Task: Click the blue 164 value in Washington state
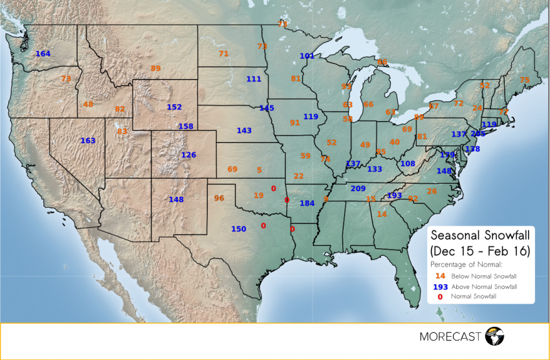tap(43, 54)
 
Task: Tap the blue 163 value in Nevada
tap(87, 141)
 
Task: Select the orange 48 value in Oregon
tap(88, 104)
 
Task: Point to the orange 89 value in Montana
tap(155, 68)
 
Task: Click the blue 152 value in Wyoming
tap(174, 107)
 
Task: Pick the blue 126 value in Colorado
tap(188, 155)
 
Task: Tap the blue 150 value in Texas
tap(239, 229)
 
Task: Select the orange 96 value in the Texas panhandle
tap(219, 198)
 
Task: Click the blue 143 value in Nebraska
tap(244, 131)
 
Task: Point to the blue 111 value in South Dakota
tap(254, 79)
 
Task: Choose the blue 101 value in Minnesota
tap(307, 56)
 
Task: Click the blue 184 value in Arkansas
tap(307, 203)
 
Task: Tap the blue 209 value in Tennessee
tap(358, 188)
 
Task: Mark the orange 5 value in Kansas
tap(259, 170)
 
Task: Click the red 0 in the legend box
tap(439, 296)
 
